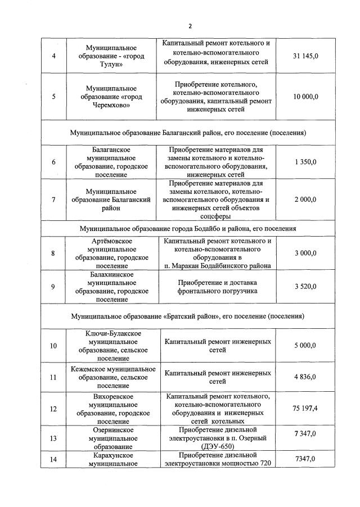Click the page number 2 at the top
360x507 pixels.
[190, 26]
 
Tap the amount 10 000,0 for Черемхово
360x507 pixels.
[305, 97]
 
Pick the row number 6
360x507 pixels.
[53, 162]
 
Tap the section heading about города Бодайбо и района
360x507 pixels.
[188, 229]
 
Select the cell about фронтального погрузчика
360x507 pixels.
[217, 287]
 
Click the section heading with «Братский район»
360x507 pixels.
[188, 316]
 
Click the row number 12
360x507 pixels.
[53, 409]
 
